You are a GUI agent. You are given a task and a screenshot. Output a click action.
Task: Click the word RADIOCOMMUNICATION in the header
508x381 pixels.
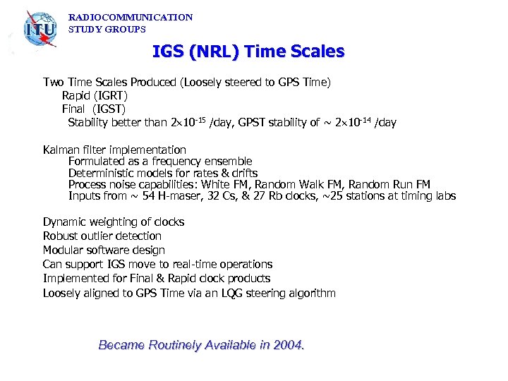click(x=131, y=17)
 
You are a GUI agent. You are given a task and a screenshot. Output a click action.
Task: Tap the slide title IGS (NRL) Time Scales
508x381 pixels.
click(x=248, y=52)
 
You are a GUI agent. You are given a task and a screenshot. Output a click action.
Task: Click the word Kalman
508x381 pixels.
click(x=61, y=150)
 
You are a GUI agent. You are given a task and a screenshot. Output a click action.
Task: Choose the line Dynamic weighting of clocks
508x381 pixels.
click(x=114, y=222)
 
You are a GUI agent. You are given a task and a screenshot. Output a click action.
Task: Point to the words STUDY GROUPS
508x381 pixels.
click(x=107, y=30)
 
